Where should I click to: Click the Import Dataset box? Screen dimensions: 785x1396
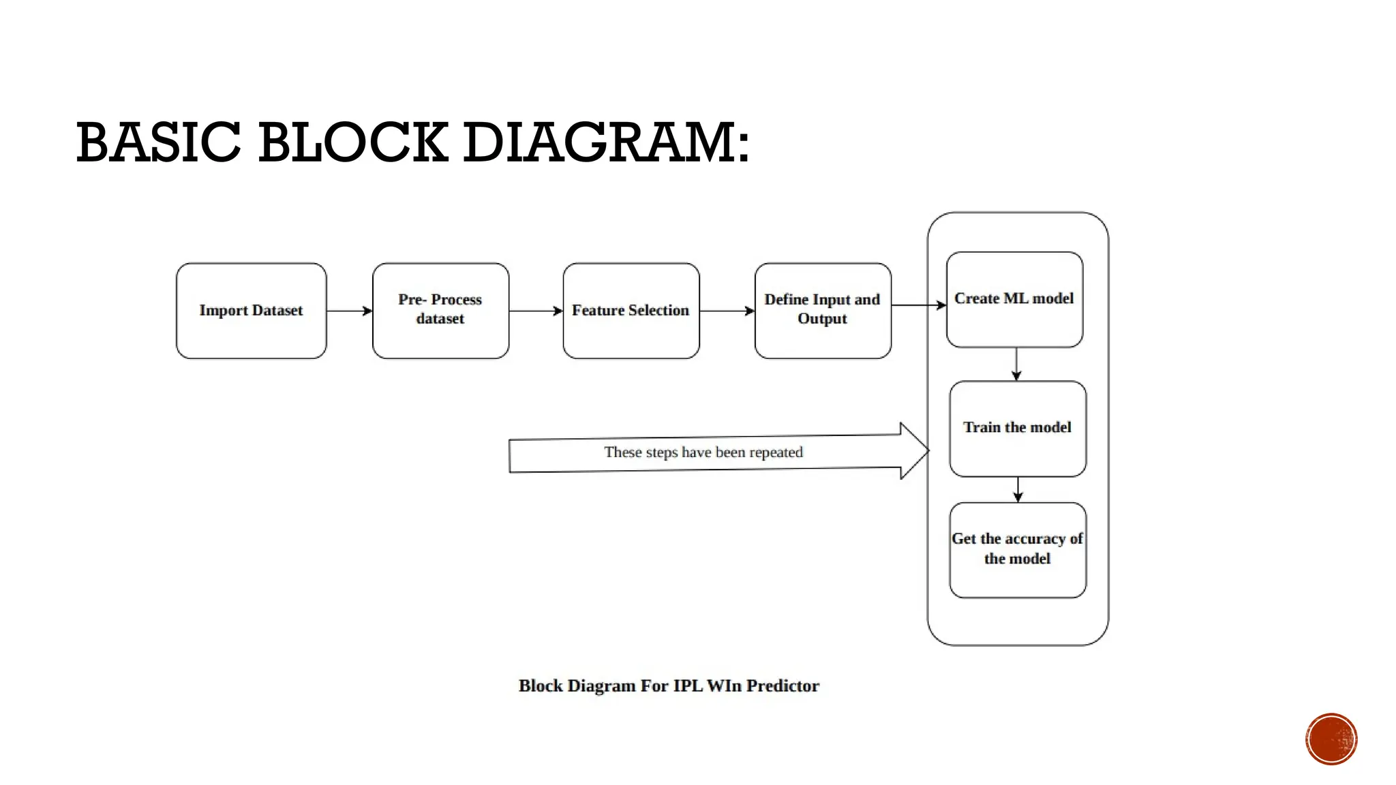coord(251,311)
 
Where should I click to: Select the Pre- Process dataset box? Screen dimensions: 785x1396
coord(440,311)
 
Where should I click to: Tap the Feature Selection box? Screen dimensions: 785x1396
coord(631,311)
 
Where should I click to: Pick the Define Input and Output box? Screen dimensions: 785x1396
coord(823,311)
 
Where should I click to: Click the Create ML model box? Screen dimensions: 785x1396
coord(1014,300)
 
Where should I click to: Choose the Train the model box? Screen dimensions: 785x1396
coord(1018,429)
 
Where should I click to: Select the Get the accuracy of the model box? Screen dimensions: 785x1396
coord(1018,550)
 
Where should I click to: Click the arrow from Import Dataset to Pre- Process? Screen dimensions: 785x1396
coord(349,311)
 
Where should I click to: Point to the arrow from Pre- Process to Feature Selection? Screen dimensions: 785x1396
coord(536,311)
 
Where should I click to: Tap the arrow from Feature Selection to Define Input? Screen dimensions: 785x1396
coord(727,311)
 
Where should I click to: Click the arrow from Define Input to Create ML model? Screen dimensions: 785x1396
coord(918,305)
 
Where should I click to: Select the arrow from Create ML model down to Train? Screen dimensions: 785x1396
coord(1016,364)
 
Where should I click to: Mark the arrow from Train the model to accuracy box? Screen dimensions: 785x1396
coord(1018,489)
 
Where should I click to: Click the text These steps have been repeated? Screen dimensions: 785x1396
coord(703,452)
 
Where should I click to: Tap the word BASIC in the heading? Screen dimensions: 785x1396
coord(158,143)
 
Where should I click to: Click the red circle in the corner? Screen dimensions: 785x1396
coord(1331,739)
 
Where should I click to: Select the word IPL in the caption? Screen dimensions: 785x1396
coord(687,686)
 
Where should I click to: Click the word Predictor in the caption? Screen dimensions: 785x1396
coord(783,686)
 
